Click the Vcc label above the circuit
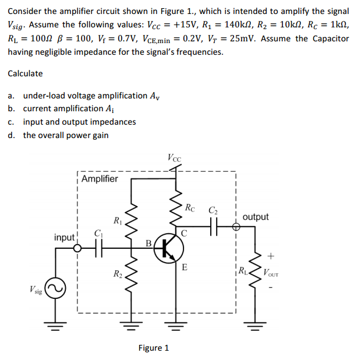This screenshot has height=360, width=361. [174, 157]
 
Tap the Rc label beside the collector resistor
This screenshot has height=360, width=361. [190, 207]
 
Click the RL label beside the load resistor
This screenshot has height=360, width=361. [243, 269]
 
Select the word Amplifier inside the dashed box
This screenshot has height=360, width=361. [100, 179]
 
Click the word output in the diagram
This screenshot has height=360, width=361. [256, 217]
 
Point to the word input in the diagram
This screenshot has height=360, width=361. [65, 237]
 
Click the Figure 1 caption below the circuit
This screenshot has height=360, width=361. [154, 348]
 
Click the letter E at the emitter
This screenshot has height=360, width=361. [184, 267]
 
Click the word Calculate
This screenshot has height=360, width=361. [25, 73]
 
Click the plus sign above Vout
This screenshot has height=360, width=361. [271, 255]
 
